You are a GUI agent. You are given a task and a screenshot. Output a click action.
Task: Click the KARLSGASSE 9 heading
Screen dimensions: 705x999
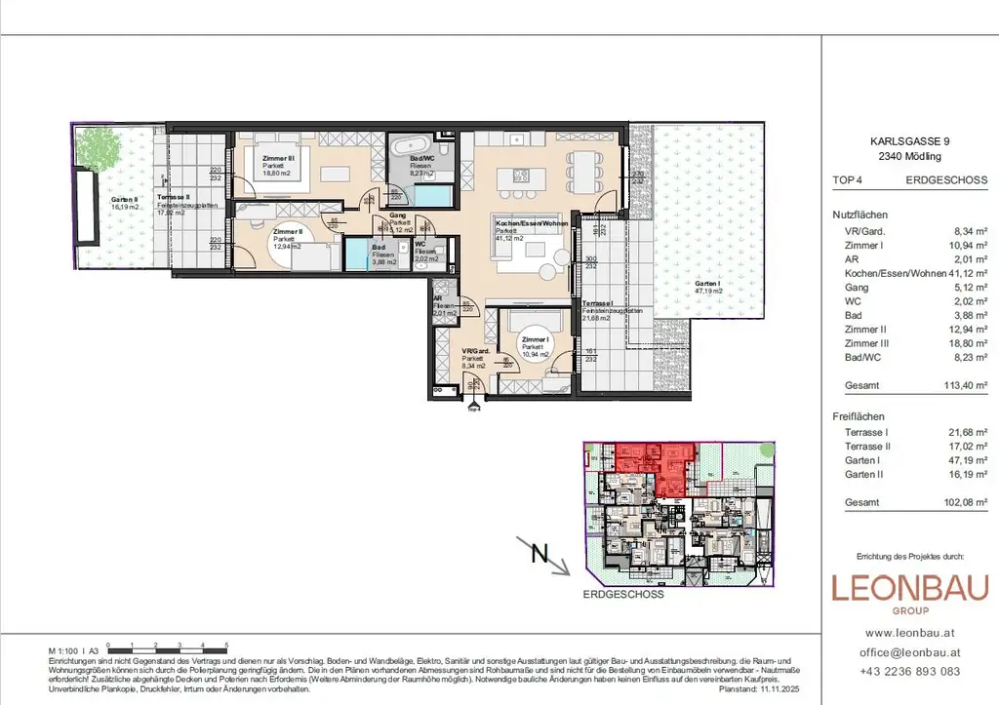coord(908,141)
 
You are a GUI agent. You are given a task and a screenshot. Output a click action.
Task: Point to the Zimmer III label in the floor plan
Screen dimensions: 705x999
coord(277,157)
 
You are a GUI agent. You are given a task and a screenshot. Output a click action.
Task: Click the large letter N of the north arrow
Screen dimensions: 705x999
coord(539,555)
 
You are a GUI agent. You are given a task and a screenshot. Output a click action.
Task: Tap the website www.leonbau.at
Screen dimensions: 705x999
coord(908,633)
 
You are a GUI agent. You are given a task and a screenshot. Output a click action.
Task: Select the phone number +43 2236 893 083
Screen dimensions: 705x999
coord(908,671)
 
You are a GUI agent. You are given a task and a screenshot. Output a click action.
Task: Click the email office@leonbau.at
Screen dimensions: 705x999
coord(908,652)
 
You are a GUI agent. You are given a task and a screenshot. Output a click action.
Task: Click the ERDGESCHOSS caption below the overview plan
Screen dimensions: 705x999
coord(623,594)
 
